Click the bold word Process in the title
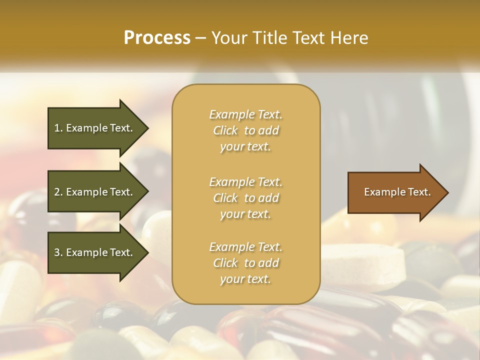(x=157, y=38)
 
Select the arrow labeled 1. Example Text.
(x=95, y=128)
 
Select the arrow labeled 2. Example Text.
(x=95, y=192)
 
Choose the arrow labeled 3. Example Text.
(x=95, y=252)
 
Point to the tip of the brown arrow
(x=447, y=192)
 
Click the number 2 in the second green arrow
(x=57, y=192)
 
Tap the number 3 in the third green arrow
(x=57, y=252)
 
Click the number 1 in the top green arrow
(x=57, y=128)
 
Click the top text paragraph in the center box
(x=245, y=130)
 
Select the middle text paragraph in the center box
(x=245, y=198)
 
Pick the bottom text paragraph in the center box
(x=245, y=263)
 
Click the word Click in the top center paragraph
(x=225, y=131)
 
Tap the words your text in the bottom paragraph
(x=245, y=279)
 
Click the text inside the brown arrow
(x=397, y=192)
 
